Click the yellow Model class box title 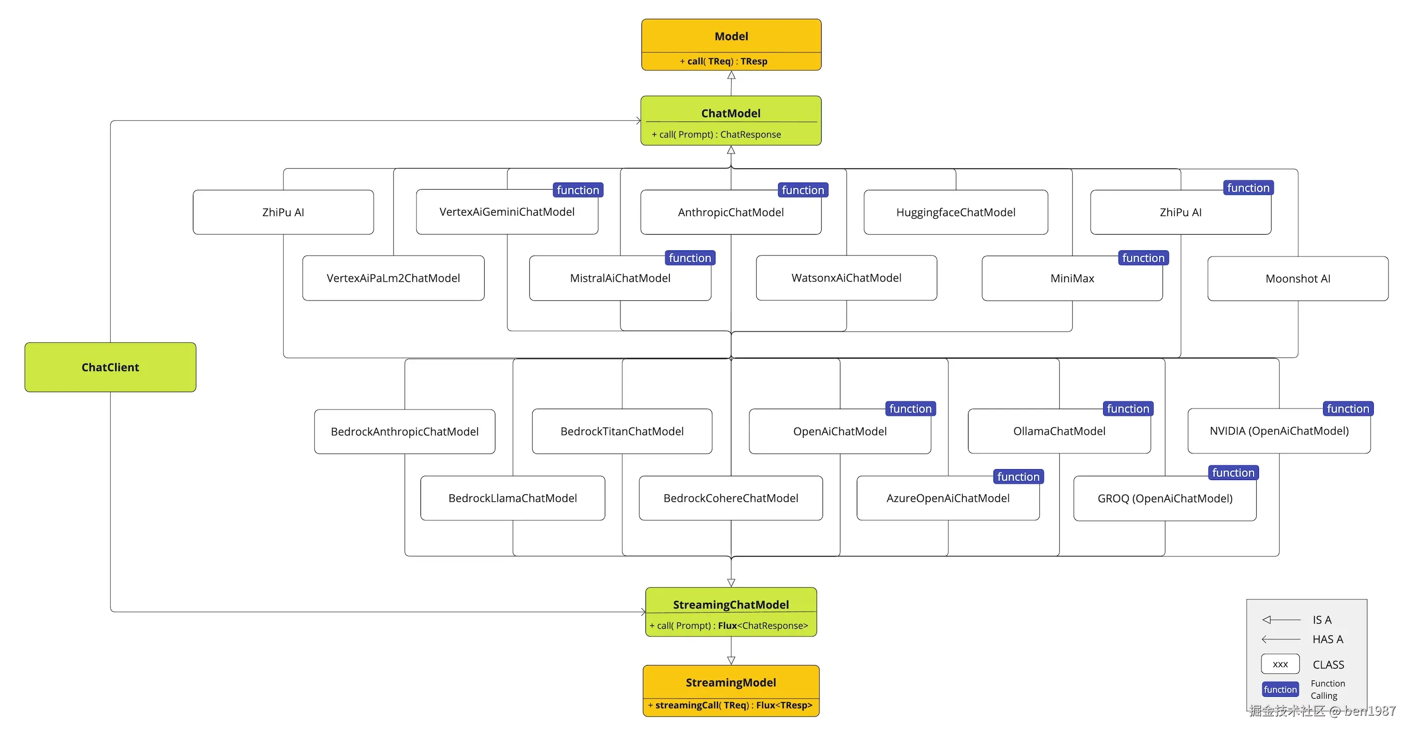coord(731,36)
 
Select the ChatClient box coord(110,367)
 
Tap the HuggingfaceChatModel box coord(955,212)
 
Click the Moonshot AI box coord(1297,279)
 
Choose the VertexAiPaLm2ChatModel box coord(393,278)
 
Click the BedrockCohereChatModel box coord(730,498)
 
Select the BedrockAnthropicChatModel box coord(405,432)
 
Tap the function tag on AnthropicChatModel coord(803,190)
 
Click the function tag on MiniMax coord(1143,258)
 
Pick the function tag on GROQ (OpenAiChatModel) coord(1233,472)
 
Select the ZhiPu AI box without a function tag coord(283,212)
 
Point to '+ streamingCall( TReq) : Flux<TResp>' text coord(730,705)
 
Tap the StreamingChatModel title coord(731,605)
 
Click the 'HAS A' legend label coord(1327,640)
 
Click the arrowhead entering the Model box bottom coord(731,75)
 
